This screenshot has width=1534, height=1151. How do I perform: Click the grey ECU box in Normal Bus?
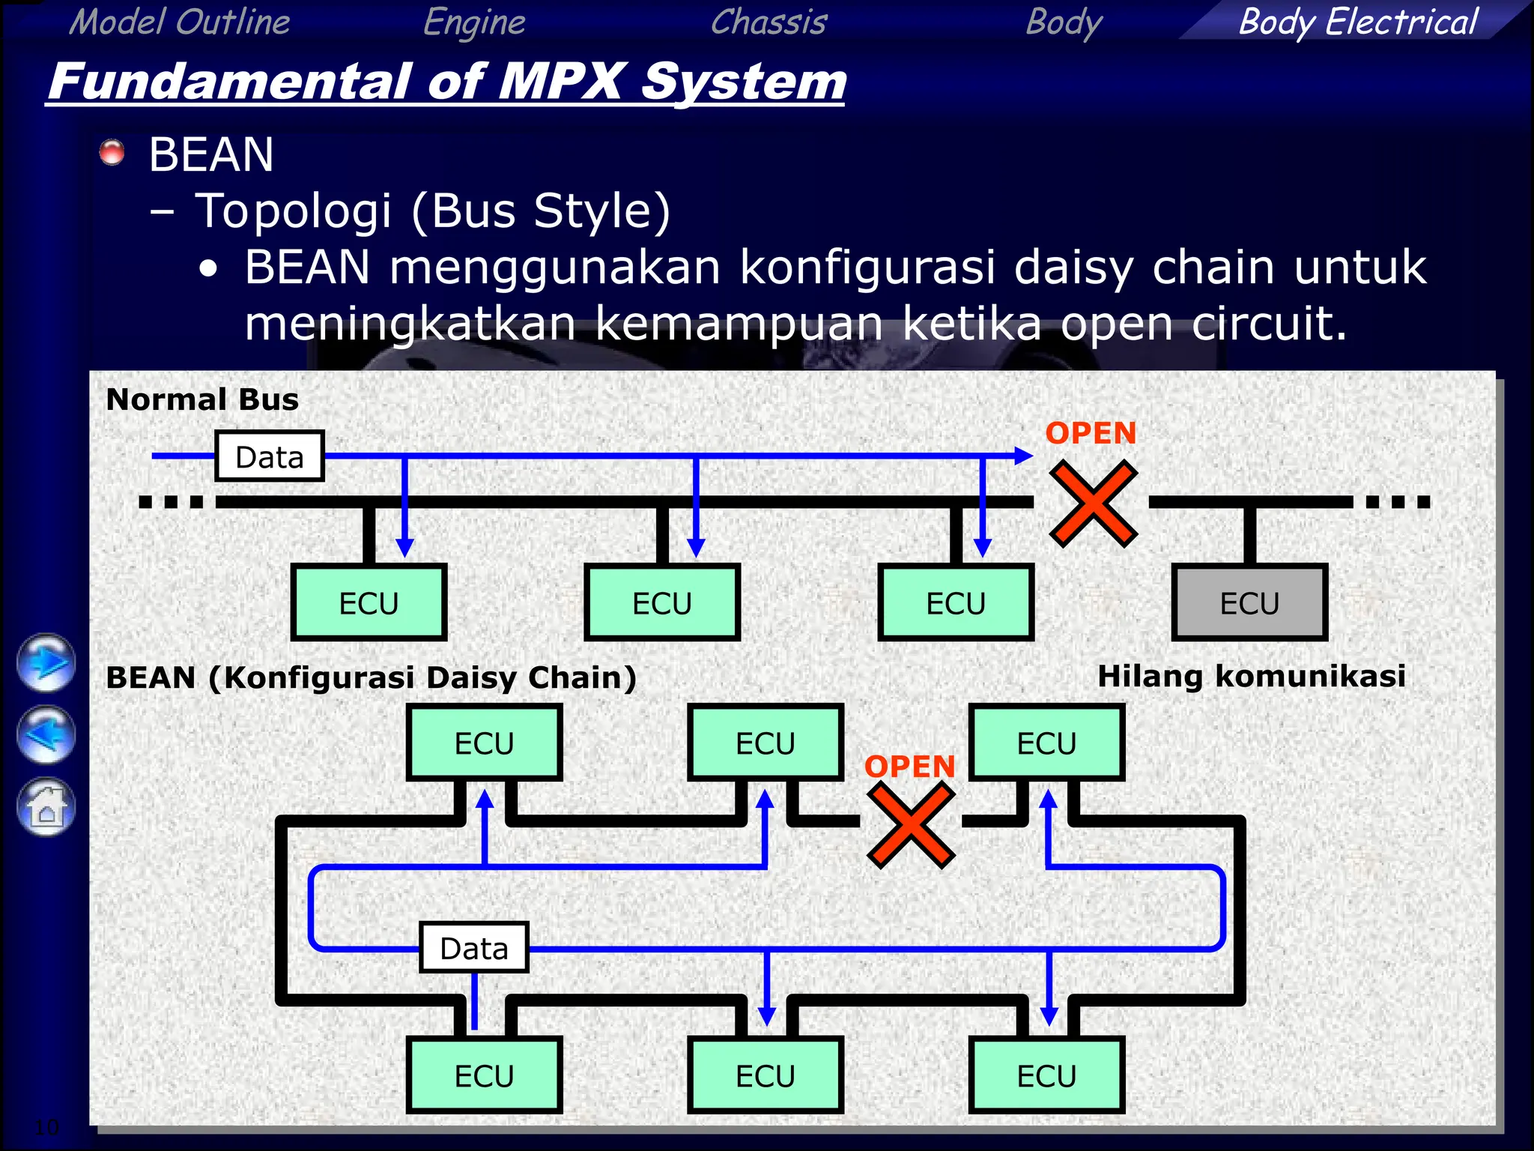click(x=1249, y=602)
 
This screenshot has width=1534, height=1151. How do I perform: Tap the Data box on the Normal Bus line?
click(x=270, y=456)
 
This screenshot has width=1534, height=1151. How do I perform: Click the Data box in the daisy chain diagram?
click(x=474, y=948)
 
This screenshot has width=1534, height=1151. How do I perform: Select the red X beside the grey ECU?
click(x=1093, y=504)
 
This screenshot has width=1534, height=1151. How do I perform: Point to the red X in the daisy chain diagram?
click(x=911, y=825)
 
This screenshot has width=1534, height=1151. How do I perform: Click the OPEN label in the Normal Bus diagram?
click(x=1091, y=433)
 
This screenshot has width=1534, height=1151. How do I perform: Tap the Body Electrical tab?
click(x=1357, y=21)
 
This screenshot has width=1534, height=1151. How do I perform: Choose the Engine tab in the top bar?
click(x=474, y=21)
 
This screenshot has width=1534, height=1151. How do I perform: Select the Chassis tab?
click(x=768, y=21)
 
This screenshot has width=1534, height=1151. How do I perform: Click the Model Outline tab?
click(x=180, y=21)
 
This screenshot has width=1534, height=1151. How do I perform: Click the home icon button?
click(x=46, y=807)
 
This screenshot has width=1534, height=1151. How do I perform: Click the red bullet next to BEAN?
click(x=112, y=152)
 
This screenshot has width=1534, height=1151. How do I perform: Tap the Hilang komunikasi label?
click(x=1251, y=676)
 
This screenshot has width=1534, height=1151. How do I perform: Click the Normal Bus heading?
click(x=202, y=399)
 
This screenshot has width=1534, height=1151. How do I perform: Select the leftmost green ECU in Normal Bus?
click(x=369, y=602)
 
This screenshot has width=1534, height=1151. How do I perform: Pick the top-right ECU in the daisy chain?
click(x=1046, y=743)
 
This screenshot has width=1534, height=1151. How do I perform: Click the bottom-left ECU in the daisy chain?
click(x=484, y=1075)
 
